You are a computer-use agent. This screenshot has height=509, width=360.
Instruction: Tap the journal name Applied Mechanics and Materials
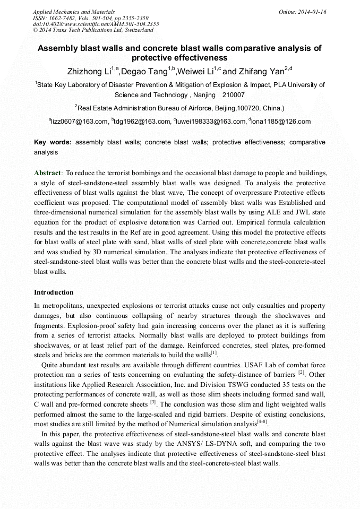pyautogui.click(x=74, y=11)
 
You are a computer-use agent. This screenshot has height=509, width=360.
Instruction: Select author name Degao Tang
pyautogui.click(x=144, y=71)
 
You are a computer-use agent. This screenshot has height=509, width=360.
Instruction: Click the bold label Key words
pyautogui.click(x=53, y=143)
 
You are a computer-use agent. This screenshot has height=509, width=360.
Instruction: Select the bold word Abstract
pyautogui.click(x=48, y=173)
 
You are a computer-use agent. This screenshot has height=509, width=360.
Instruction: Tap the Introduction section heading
pyautogui.click(x=54, y=292)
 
